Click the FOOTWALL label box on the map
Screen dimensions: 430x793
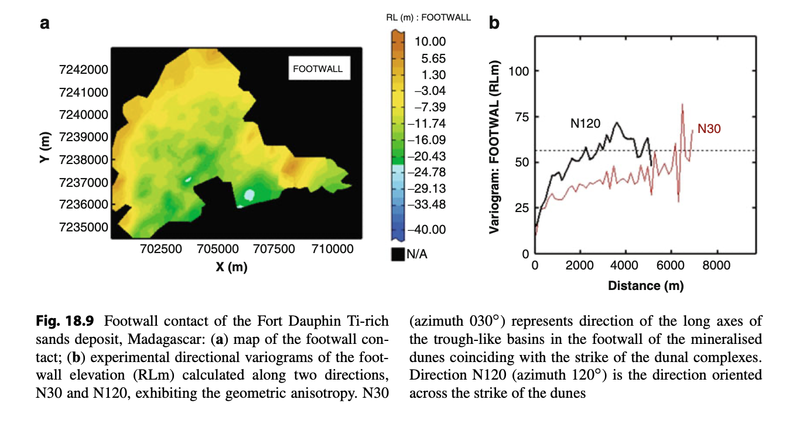click(x=317, y=69)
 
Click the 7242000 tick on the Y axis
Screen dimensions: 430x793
click(x=84, y=70)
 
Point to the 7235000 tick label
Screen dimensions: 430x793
click(x=84, y=227)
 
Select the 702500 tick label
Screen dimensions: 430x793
click(x=162, y=249)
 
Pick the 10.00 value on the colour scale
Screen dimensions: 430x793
click(x=430, y=42)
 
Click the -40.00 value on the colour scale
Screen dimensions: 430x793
click(x=429, y=230)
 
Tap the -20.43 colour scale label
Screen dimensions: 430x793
click(x=429, y=156)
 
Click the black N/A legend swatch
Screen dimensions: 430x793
click(x=398, y=254)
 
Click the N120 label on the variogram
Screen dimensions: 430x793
click(x=585, y=124)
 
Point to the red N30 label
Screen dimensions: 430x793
click(x=709, y=129)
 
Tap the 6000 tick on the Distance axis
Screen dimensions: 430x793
click(x=671, y=265)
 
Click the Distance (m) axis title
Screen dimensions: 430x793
click(x=645, y=286)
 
